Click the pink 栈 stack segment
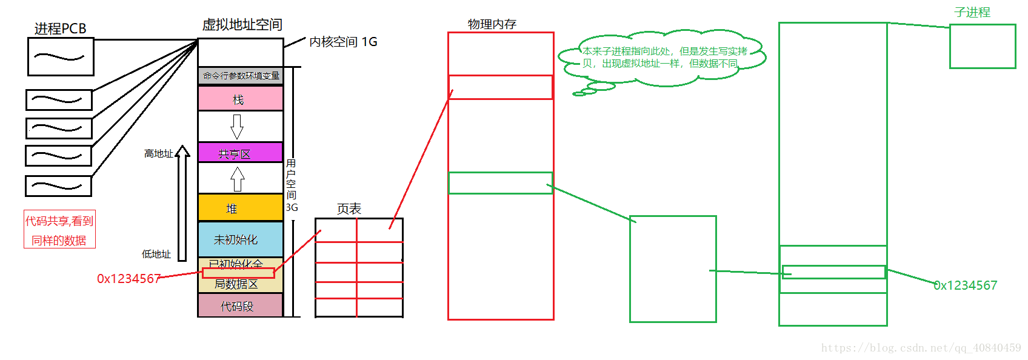click(x=241, y=99)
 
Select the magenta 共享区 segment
click(x=241, y=153)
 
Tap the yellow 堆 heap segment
click(x=241, y=208)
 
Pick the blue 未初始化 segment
click(x=241, y=239)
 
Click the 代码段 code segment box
click(x=241, y=306)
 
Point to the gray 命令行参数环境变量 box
click(x=241, y=76)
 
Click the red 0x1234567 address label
click(x=128, y=279)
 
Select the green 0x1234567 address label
click(x=965, y=285)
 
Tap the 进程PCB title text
click(x=60, y=28)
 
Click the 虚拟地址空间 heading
click(x=242, y=25)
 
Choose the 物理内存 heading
click(x=492, y=24)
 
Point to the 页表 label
click(x=349, y=209)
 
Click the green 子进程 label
click(x=972, y=12)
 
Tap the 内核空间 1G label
click(x=343, y=42)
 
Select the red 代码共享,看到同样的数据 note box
click(x=59, y=230)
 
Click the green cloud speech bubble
click(x=662, y=58)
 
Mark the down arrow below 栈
click(x=237, y=126)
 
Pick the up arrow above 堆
click(x=238, y=179)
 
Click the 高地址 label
click(x=158, y=154)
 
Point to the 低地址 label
click(x=156, y=255)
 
